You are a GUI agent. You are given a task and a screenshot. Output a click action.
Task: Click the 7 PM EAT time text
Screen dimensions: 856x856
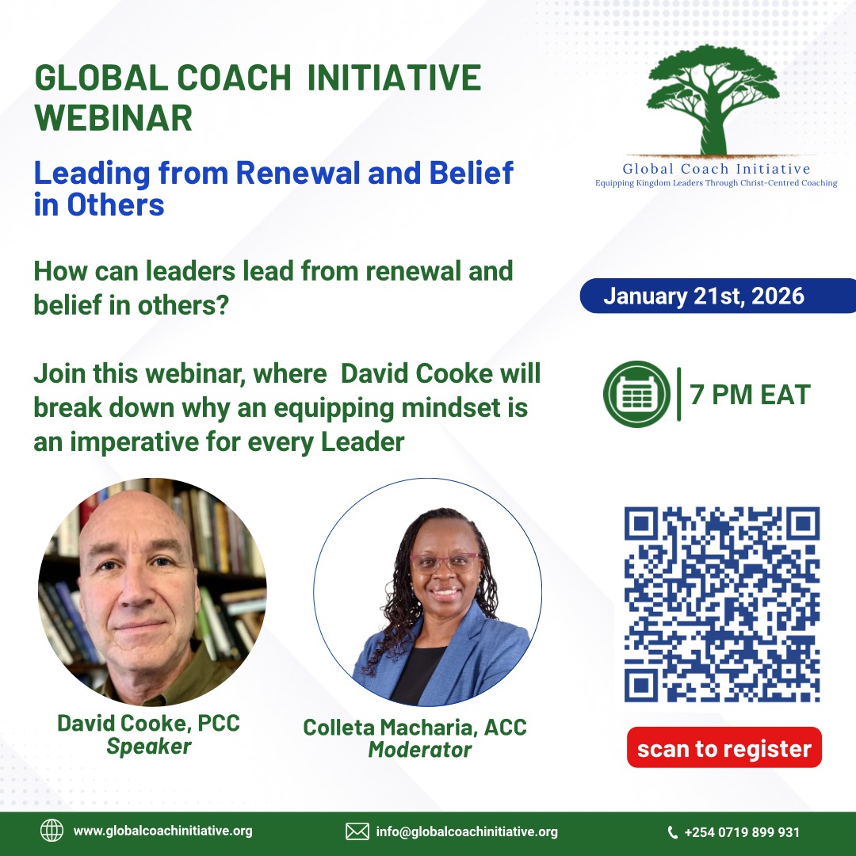point(750,394)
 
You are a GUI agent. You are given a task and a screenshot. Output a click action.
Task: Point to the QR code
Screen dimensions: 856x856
point(721,605)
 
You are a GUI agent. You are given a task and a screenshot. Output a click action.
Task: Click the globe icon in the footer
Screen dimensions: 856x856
point(52,831)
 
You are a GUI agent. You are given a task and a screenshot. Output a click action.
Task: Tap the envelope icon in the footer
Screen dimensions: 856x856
point(357,831)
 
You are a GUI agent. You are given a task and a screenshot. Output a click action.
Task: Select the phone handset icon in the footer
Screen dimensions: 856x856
point(673,832)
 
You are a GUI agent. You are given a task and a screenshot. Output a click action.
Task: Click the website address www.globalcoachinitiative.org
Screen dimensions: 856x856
point(163,831)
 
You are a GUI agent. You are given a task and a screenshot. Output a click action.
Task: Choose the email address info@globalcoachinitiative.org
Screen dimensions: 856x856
point(467,831)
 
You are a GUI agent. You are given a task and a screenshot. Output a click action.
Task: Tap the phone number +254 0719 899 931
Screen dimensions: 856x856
point(742,832)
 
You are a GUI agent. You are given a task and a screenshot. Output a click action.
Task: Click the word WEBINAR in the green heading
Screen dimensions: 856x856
point(113,118)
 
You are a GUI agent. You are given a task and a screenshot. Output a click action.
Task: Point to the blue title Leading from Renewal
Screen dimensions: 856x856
point(273,173)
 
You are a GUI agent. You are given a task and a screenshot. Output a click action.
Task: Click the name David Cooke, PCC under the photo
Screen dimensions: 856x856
point(148,723)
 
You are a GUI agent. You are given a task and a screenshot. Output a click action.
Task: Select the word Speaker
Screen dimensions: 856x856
point(149,746)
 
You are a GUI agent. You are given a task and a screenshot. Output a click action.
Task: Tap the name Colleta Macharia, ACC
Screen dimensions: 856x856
point(415,727)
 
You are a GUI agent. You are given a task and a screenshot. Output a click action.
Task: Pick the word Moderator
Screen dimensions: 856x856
point(419,749)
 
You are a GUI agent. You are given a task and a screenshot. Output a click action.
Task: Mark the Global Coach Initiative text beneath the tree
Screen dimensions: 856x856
point(717,169)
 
